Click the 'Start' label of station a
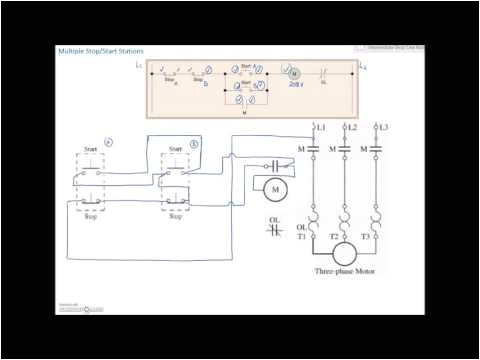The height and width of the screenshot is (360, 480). [x=87, y=148]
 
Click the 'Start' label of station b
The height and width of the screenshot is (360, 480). [x=176, y=148]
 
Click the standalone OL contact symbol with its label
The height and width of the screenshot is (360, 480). [x=275, y=224]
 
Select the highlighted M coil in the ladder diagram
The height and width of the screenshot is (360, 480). [x=293, y=74]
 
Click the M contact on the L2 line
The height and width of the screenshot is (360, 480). [x=344, y=150]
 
